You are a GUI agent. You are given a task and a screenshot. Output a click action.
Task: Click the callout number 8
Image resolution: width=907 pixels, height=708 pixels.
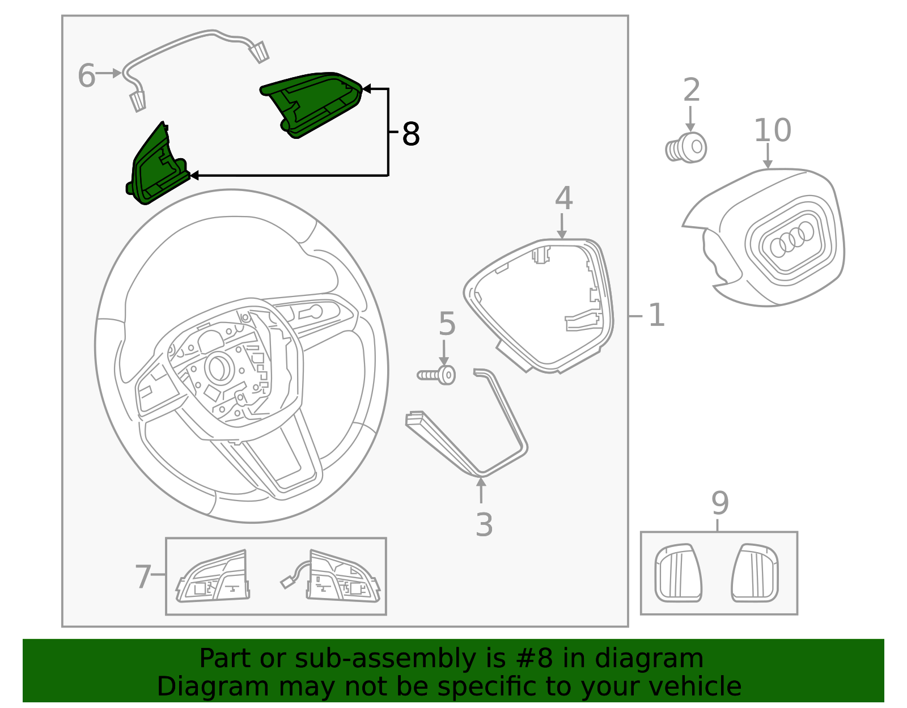(411, 135)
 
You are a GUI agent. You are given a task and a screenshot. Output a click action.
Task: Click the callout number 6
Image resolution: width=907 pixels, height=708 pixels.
(86, 76)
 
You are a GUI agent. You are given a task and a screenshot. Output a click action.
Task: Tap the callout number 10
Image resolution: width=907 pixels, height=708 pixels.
(772, 130)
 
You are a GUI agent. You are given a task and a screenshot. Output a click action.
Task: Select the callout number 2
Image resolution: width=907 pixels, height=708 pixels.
(691, 90)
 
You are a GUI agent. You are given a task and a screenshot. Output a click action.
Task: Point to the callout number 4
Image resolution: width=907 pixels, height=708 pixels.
(563, 198)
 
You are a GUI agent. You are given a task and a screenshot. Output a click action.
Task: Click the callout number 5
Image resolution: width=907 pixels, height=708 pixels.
(447, 324)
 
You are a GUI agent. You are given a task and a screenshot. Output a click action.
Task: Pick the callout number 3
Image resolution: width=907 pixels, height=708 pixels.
(484, 525)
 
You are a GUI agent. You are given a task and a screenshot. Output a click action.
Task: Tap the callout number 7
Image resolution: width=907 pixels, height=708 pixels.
(143, 576)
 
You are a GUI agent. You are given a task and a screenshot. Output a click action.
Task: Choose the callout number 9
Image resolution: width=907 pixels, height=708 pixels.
(719, 502)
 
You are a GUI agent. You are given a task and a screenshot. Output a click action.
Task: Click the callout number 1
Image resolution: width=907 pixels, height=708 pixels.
(656, 315)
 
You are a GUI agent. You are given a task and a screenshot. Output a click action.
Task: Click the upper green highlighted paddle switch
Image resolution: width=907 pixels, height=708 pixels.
(312, 103)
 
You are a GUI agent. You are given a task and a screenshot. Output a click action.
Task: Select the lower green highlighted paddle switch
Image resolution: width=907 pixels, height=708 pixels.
(156, 167)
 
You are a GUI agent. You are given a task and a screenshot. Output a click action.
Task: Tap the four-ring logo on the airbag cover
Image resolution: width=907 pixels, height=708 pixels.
(792, 239)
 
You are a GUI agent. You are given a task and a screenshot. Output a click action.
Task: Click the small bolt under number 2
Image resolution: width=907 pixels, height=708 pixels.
(686, 148)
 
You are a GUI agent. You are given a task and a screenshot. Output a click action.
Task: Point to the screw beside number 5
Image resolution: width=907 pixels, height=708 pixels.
(437, 375)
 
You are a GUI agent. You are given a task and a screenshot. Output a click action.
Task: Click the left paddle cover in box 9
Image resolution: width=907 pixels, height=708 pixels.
(678, 573)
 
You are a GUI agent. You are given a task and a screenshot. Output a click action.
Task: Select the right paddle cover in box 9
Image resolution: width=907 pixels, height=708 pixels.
(755, 573)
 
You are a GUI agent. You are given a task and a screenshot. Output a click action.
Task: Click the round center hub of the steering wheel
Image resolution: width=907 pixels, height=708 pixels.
(218, 367)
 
